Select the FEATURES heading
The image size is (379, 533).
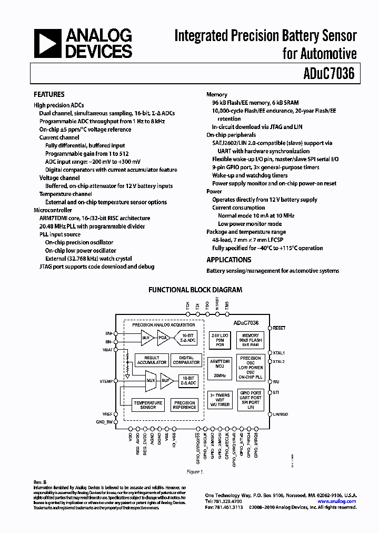[49, 95]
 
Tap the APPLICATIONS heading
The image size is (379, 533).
[228, 260]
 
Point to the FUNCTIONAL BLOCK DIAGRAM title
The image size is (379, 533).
[195, 290]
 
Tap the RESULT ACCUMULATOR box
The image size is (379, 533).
[152, 360]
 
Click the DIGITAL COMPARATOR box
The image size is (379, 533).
[186, 360]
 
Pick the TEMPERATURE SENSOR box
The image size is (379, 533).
[148, 404]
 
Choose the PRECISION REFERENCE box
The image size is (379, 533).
[185, 404]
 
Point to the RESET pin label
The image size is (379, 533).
[279, 328]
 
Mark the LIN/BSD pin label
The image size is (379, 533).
[281, 414]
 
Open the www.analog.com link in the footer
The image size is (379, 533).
[337, 501]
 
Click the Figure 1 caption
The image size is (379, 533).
[194, 472]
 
